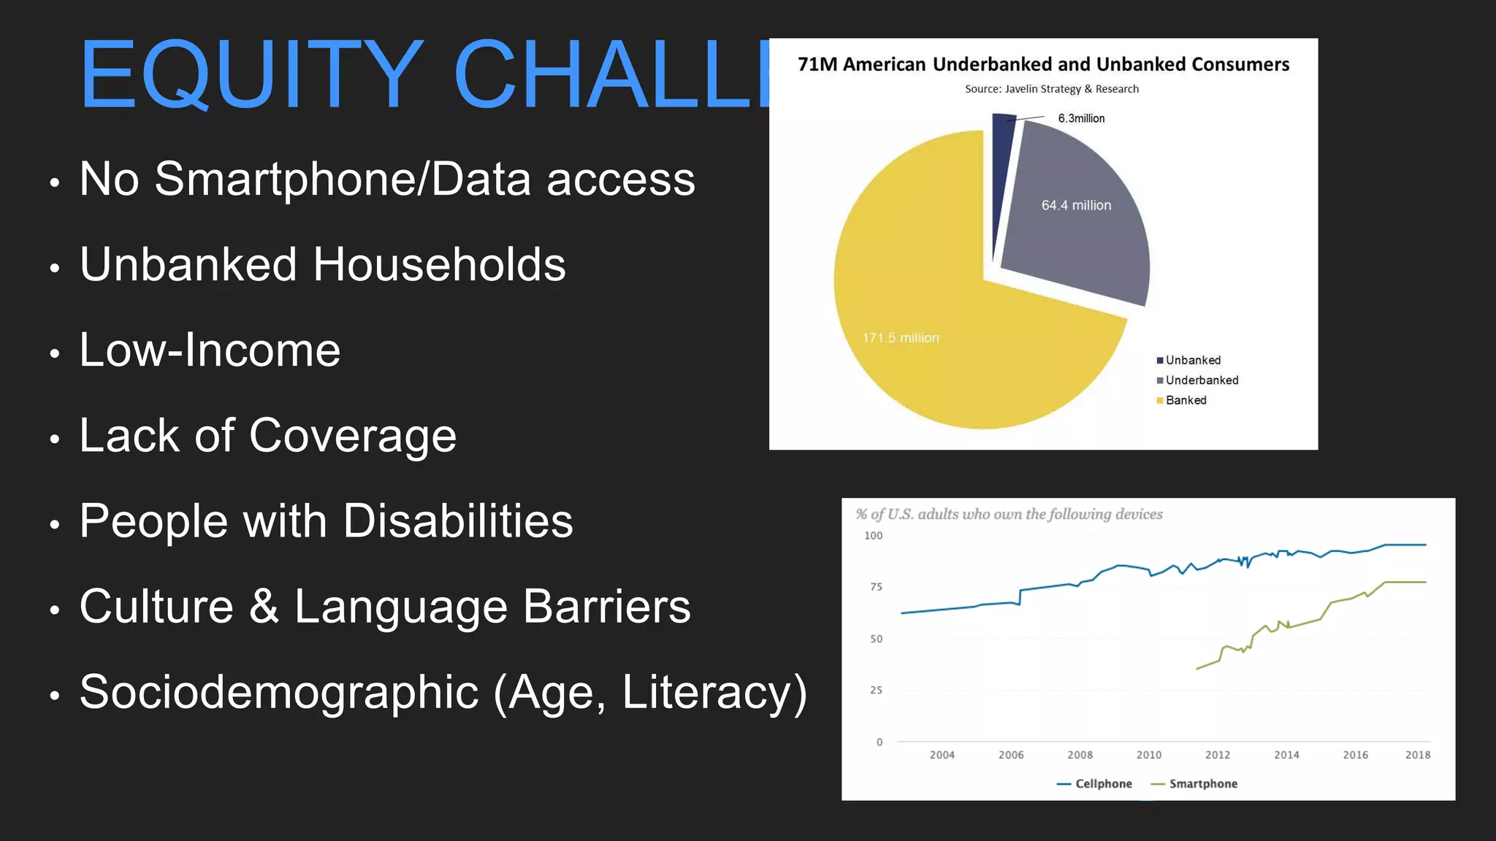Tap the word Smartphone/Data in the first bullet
click(x=343, y=179)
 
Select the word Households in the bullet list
click(x=439, y=264)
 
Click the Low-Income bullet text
click(x=210, y=350)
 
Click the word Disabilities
click(x=458, y=521)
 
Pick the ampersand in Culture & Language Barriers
click(x=264, y=607)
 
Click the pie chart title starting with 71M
click(x=1043, y=64)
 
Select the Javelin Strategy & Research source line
click(x=1051, y=89)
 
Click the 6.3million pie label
click(x=1081, y=118)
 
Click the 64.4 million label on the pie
click(x=1076, y=206)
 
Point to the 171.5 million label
click(x=901, y=338)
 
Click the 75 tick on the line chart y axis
click(x=876, y=587)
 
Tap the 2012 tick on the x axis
click(x=1217, y=755)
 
